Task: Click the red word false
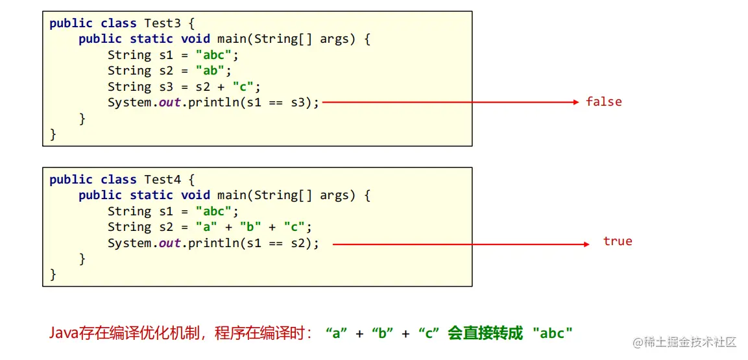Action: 603,102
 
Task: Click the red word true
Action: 617,241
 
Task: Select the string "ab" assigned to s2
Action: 213,71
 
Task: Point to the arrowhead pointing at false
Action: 575,102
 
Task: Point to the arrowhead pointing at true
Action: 586,245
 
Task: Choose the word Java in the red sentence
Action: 62,334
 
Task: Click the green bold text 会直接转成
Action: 485,334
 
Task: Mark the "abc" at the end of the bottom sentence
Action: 552,334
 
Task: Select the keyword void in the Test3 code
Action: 195,39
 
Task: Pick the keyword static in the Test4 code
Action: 152,195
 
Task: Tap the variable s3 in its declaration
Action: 165,87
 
